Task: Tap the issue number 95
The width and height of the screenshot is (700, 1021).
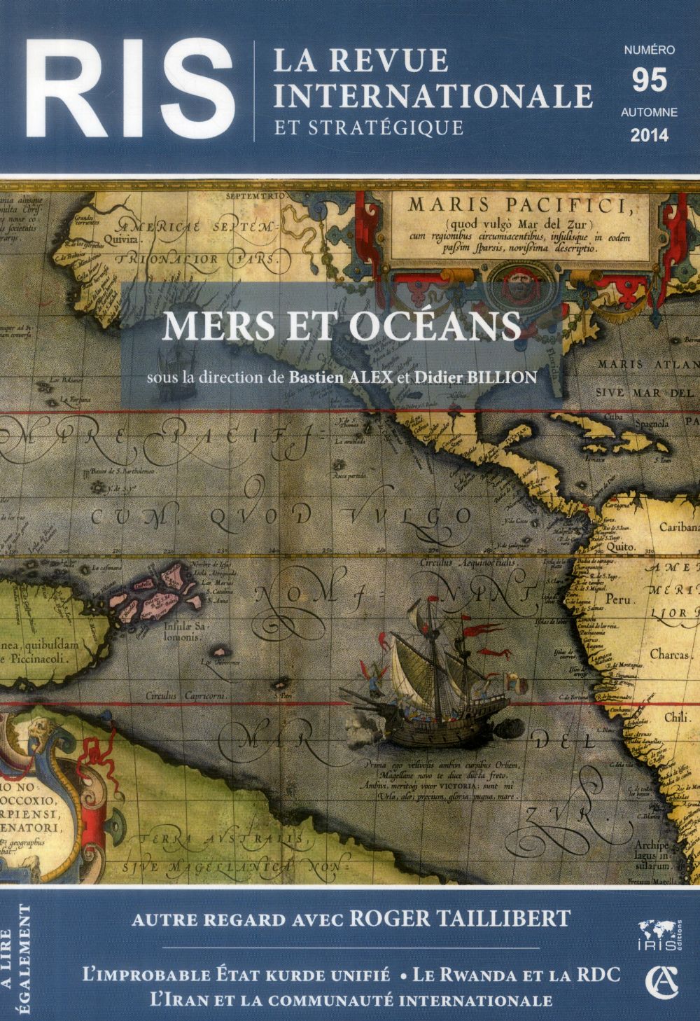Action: (648, 81)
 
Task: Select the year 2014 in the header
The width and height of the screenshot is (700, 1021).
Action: (649, 135)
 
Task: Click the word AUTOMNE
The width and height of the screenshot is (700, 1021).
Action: (648, 112)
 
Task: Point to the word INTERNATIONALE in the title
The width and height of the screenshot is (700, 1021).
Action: (433, 95)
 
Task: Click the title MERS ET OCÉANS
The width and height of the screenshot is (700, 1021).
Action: (341, 326)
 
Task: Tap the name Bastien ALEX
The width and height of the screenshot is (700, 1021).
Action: (332, 377)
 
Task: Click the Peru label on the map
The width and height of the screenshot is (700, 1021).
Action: (619, 600)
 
